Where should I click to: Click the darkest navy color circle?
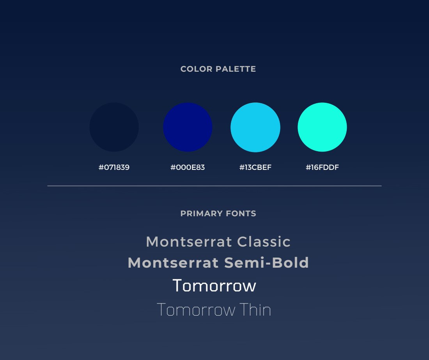click(114, 127)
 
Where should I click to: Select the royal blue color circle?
click(188, 127)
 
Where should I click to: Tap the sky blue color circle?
click(255, 127)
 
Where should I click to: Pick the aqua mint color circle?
click(322, 127)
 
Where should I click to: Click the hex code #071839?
click(114, 167)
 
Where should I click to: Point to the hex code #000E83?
click(188, 167)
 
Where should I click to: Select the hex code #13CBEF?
click(255, 167)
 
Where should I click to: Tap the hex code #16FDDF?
click(322, 167)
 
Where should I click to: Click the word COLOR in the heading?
click(197, 69)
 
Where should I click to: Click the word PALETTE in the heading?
click(236, 69)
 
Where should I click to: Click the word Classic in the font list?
click(264, 242)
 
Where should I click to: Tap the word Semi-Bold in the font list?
click(267, 263)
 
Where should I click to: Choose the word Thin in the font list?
click(255, 310)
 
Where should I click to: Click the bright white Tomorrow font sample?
click(214, 286)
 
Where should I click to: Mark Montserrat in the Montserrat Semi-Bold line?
click(173, 263)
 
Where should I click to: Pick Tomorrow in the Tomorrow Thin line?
click(196, 310)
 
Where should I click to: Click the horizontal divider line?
click(214, 186)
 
